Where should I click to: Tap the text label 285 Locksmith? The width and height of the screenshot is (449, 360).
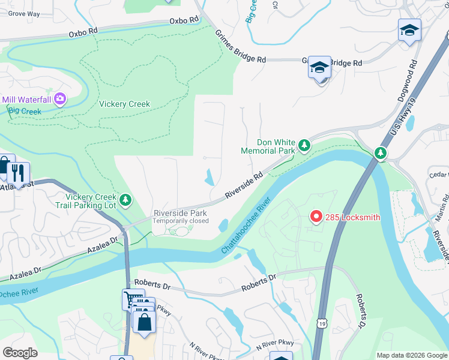point(353,217)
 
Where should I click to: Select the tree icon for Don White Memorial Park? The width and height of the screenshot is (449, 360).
point(305,145)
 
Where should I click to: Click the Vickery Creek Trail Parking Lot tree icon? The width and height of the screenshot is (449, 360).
point(125,199)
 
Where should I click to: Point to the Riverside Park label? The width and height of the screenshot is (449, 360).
point(180,213)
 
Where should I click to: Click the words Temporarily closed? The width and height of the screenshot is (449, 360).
point(180,221)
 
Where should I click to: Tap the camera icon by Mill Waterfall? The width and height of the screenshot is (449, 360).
point(60,98)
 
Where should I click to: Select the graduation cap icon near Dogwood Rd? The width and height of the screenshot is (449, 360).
point(409,29)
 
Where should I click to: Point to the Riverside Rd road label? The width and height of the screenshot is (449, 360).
point(244,186)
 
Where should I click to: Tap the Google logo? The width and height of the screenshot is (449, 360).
point(19,353)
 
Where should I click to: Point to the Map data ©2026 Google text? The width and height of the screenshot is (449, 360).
point(411,355)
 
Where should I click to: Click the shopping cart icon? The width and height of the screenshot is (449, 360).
point(132,298)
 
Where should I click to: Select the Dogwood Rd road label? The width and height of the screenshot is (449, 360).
point(406,78)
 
